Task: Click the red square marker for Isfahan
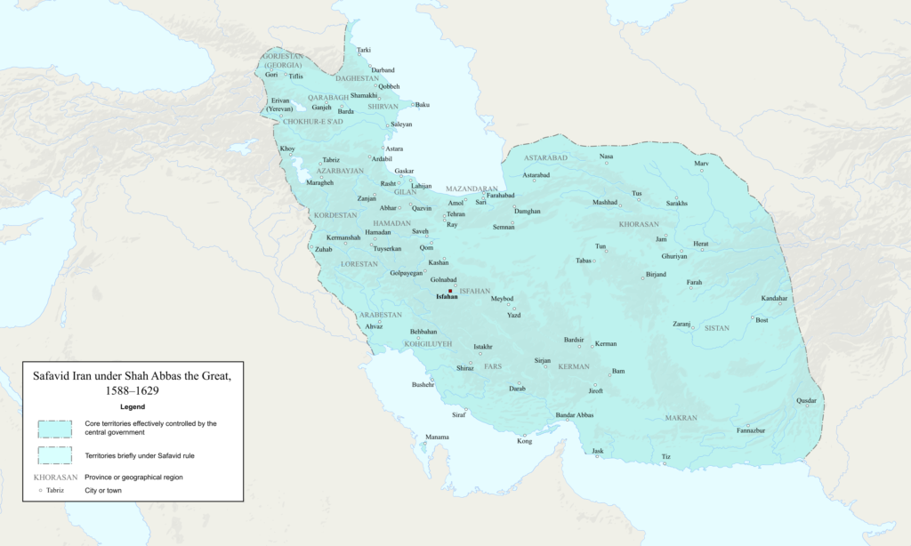(450, 291)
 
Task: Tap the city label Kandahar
(774, 298)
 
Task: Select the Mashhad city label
(605, 202)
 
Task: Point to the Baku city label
(422, 105)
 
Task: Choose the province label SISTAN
(716, 328)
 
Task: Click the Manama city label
(437, 437)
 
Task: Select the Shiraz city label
(465, 367)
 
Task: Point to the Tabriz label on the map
(331, 160)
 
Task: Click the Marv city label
(701, 164)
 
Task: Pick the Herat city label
(701, 243)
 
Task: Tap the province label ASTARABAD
(546, 157)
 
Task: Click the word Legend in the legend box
(133, 406)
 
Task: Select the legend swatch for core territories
(53, 429)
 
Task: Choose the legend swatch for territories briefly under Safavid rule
(53, 455)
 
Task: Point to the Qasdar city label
(806, 400)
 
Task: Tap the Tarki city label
(364, 50)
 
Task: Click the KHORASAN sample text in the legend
(55, 478)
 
